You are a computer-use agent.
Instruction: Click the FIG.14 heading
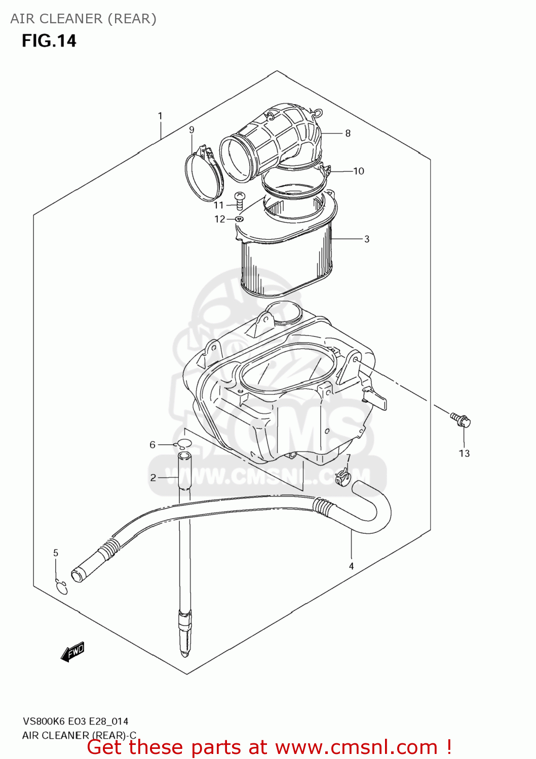(x=49, y=41)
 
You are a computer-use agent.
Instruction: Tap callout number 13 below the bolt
(x=464, y=453)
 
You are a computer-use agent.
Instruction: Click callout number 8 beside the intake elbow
(x=348, y=134)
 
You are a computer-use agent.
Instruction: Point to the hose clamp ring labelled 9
(x=203, y=175)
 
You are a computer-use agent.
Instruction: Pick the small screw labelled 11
(x=240, y=200)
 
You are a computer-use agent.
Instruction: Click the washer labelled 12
(x=239, y=219)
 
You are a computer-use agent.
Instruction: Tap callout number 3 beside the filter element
(x=366, y=239)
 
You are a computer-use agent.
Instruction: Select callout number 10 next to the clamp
(x=359, y=171)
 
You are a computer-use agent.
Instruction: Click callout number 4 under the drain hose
(x=351, y=566)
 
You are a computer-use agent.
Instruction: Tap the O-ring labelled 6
(x=183, y=445)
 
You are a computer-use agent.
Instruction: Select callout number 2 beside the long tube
(x=153, y=477)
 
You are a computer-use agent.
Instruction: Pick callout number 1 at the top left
(x=160, y=116)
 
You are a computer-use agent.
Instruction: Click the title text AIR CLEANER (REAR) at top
(x=84, y=19)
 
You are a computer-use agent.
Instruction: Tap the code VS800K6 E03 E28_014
(x=75, y=721)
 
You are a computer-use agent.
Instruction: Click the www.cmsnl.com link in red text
(x=356, y=747)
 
